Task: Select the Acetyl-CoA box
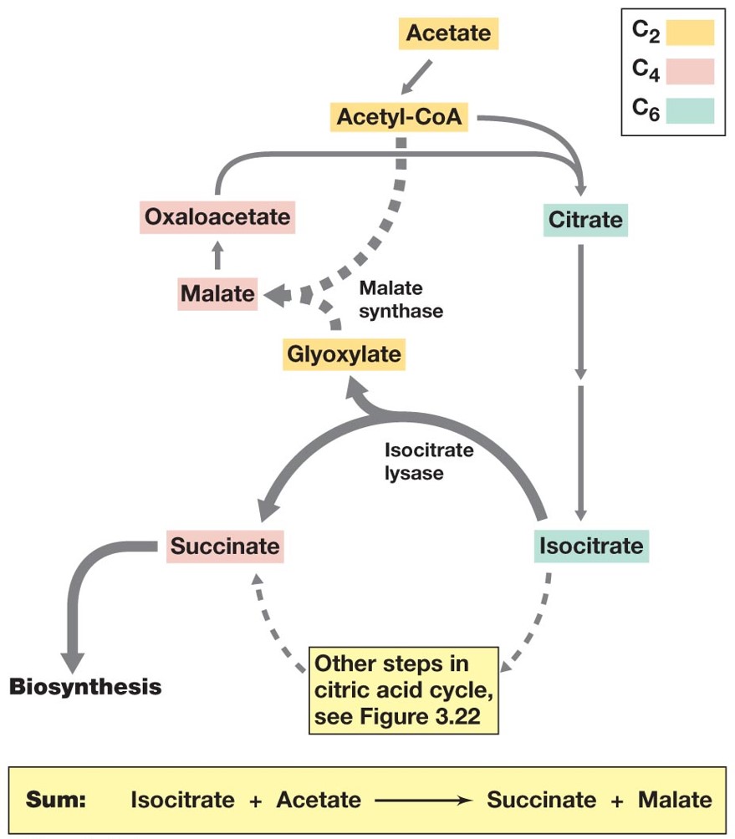pos(399,116)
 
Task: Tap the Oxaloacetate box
pos(217,218)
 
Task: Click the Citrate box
pos(585,220)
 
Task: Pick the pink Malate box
pos(217,293)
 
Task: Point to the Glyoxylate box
pos(344,353)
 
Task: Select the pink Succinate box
pos(225,547)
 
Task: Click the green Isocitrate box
pos(591,547)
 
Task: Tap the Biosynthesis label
pos(84,687)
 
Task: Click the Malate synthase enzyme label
pos(401,299)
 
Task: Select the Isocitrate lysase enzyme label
pos(428,461)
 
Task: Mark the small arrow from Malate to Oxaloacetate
pos(217,256)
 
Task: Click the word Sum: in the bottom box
pos(57,799)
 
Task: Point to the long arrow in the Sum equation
pos(423,800)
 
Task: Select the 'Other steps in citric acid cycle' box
pos(404,689)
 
